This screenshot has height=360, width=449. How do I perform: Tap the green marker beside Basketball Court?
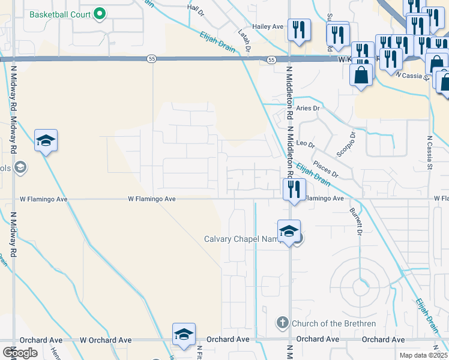100,14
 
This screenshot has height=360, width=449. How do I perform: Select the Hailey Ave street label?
268,26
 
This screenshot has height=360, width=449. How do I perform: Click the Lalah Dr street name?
243,41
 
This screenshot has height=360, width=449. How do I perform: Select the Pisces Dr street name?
326,164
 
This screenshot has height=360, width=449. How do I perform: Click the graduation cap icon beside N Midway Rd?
46,141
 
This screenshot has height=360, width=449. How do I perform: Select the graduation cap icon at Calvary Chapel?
289,231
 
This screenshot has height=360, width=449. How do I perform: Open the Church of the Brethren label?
333,324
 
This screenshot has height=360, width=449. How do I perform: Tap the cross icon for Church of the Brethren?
282,323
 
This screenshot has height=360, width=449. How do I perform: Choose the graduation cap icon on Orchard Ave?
184,334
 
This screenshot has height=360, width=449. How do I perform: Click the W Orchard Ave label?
106,340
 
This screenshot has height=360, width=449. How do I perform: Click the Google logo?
20,353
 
